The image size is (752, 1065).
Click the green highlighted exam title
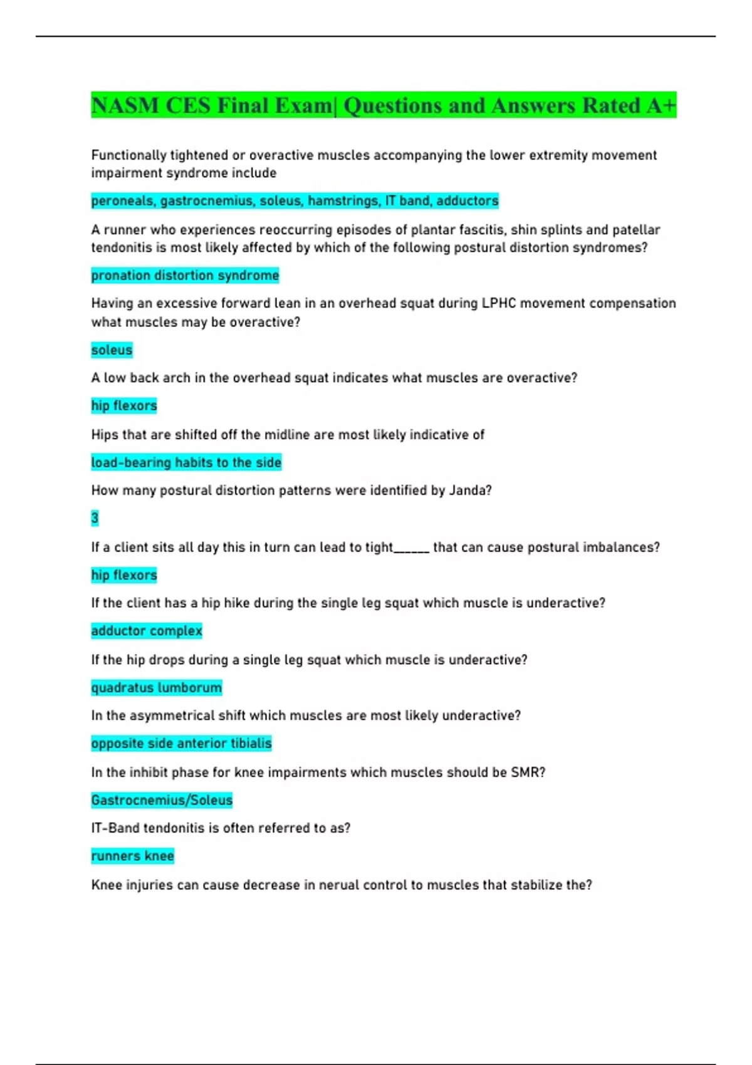[383, 105]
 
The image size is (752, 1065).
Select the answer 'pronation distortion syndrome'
[185, 275]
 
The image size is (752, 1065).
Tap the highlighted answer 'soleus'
[112, 350]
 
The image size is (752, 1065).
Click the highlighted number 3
[95, 518]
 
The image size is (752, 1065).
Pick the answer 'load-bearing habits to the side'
[186, 462]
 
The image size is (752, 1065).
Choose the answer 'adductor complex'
[147, 631]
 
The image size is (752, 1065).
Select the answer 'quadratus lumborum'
[156, 687]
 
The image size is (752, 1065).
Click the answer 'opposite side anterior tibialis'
[181, 743]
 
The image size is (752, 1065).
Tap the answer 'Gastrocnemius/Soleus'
[162, 800]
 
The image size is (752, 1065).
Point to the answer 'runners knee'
[132, 856]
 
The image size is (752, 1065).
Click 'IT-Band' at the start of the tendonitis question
[115, 828]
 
